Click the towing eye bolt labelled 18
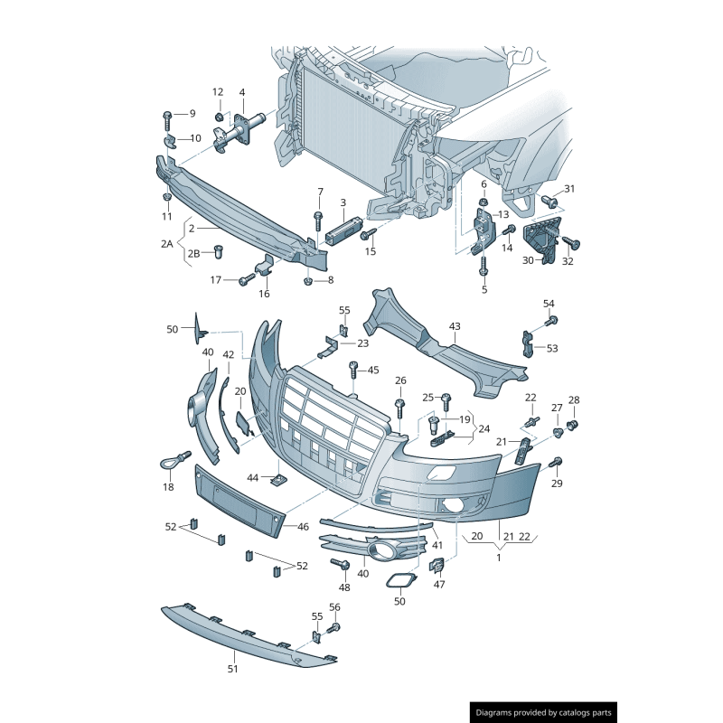[174, 461]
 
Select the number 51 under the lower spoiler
[233, 669]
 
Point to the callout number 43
[455, 326]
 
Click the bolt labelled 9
[167, 121]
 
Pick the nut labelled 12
[220, 117]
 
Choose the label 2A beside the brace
[166, 243]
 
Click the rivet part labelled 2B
[219, 252]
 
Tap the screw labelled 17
[247, 279]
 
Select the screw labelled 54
[551, 320]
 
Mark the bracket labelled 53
[528, 344]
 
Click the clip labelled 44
[278, 481]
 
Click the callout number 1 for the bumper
[499, 557]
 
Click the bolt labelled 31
[549, 201]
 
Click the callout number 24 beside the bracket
[484, 428]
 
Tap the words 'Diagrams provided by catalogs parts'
[544, 712]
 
